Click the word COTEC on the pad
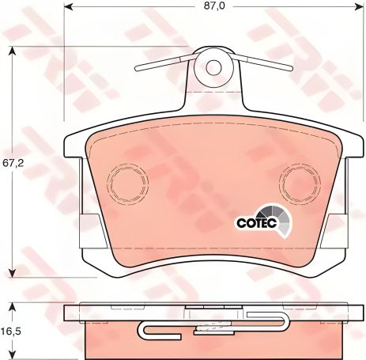[x=255, y=222]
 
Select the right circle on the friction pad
[x=298, y=183]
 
